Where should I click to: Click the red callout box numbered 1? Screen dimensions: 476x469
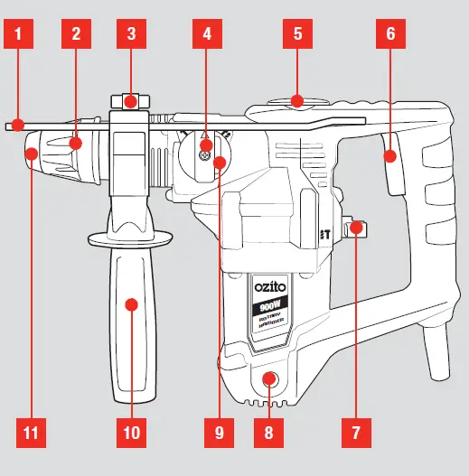tap(22, 35)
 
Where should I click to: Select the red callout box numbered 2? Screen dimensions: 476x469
tap(77, 35)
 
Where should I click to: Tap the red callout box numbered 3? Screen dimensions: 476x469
tap(132, 35)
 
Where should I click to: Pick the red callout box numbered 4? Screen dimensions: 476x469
tap(207, 35)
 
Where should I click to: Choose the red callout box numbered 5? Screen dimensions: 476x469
tap(296, 35)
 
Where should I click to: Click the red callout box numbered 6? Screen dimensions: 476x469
tap(389, 35)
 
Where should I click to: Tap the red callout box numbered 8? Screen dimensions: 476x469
tap(267, 432)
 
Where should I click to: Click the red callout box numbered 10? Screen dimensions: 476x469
tap(132, 432)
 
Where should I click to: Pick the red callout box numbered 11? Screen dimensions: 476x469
tap(31, 432)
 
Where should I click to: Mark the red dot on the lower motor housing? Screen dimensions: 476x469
tap(267, 378)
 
